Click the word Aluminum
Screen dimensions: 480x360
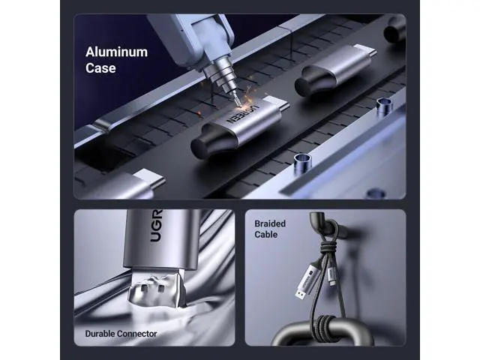coord(117,52)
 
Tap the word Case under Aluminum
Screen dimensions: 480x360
coord(100,68)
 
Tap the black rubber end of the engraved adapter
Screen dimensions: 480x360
coord(214,142)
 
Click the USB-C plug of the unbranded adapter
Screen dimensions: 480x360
coord(365,51)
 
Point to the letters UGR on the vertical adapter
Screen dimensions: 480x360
coord(156,226)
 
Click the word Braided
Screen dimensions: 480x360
coord(270,223)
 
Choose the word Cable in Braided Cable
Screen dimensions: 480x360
coord(266,235)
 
